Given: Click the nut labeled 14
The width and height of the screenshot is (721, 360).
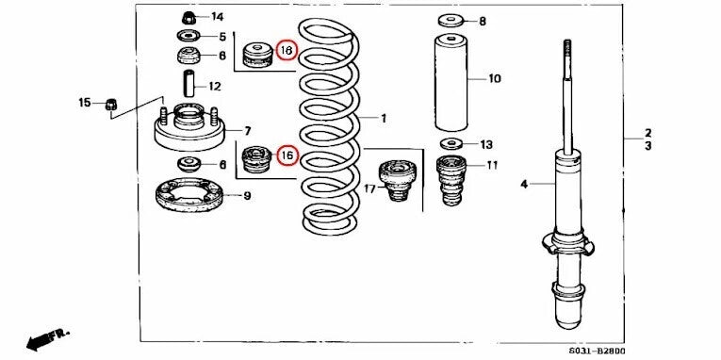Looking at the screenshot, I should [186, 18].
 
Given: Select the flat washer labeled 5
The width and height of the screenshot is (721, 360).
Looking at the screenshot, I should [187, 37].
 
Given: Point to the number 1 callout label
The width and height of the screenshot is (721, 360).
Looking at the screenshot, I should [384, 119].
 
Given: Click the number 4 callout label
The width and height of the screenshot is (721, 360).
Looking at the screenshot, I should [523, 186].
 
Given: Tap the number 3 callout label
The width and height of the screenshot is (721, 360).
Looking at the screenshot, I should [647, 147].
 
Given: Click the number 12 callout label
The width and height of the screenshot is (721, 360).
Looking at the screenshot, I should [215, 87].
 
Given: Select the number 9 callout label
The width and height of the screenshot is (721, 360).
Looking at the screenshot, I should [246, 197].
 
